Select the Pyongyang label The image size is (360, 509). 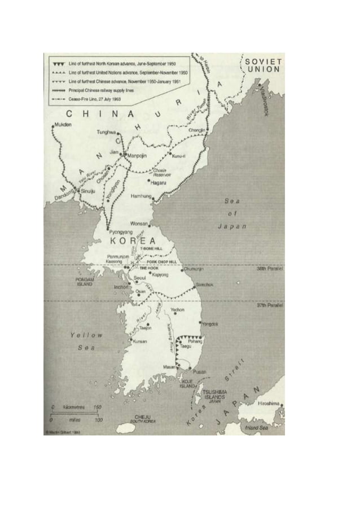tap(121, 232)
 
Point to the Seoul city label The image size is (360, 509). tap(141, 278)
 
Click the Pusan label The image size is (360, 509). tap(199, 372)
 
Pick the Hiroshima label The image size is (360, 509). tap(269, 403)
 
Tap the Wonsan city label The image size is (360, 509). tap(139, 223)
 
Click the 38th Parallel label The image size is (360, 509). tap(270, 269)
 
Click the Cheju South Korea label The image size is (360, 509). tap(142, 419)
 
